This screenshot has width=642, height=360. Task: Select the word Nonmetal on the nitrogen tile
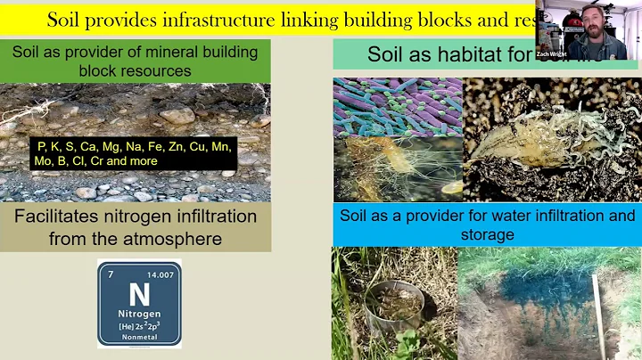pyautogui.click(x=139, y=338)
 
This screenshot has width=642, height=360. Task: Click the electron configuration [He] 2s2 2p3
pyautogui.click(x=138, y=327)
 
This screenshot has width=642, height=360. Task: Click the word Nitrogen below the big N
pyautogui.click(x=138, y=315)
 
